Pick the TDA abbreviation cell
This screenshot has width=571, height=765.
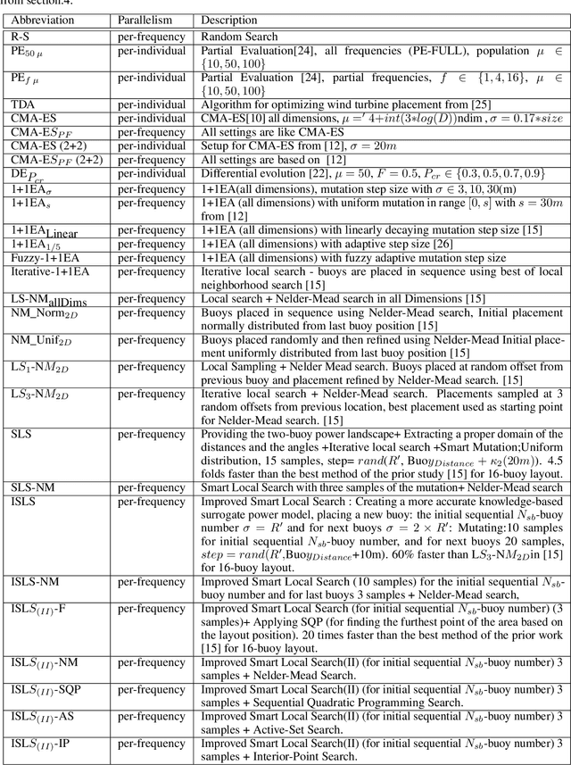point(23,104)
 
